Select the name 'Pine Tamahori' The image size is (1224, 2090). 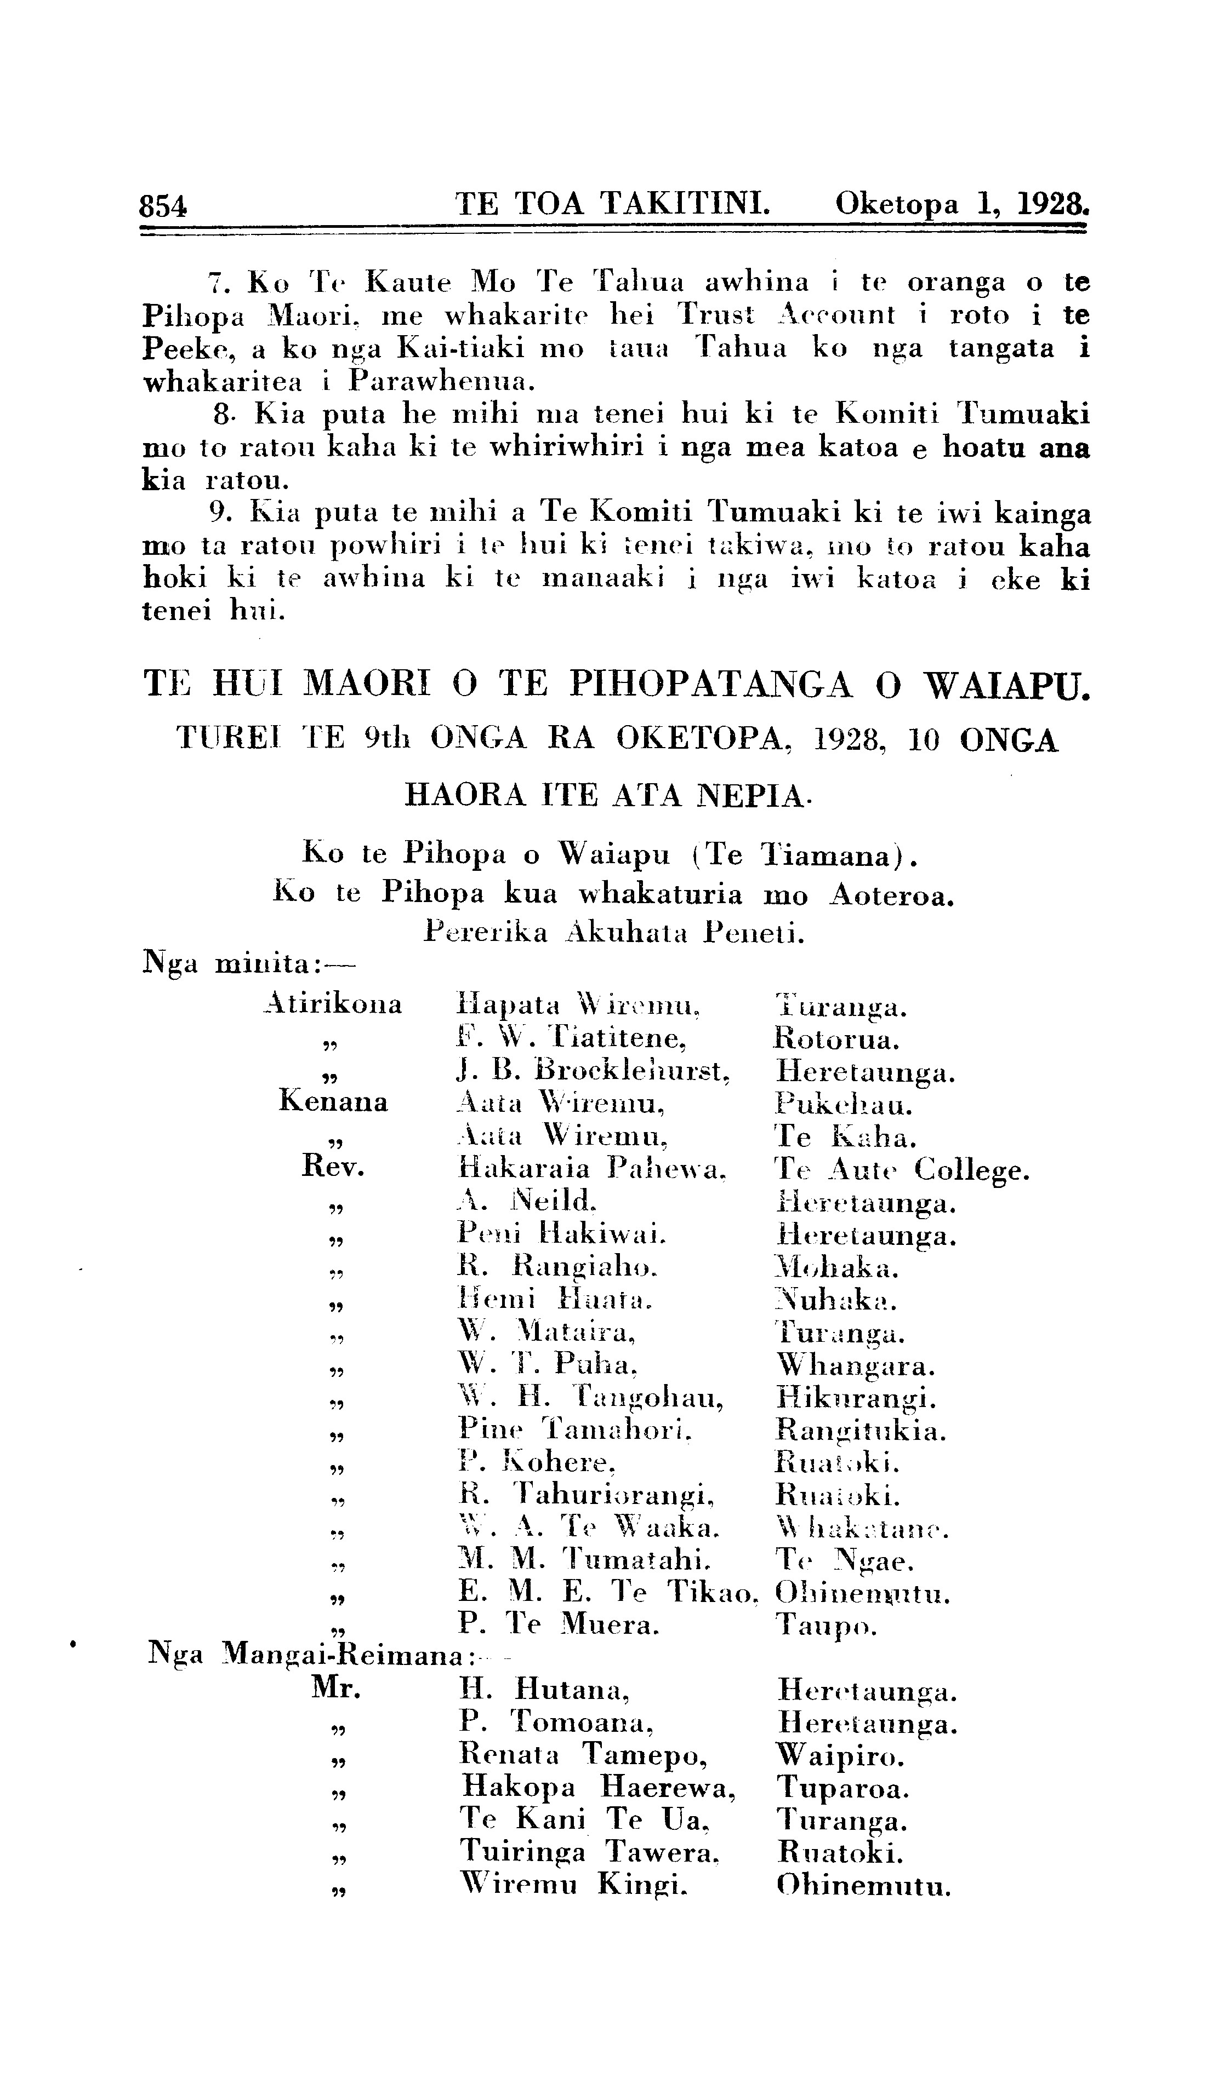click(x=574, y=1430)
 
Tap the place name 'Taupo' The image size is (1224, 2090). click(x=825, y=1624)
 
